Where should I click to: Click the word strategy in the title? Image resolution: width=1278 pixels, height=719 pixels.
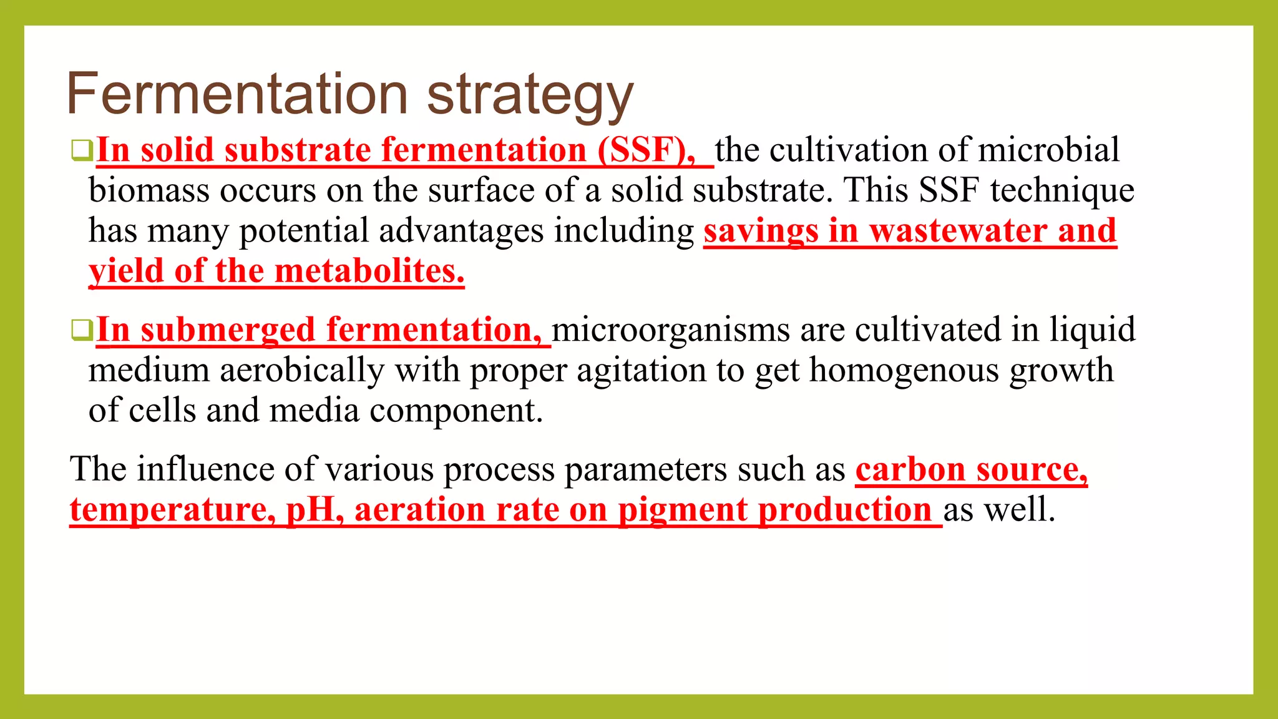pos(530,97)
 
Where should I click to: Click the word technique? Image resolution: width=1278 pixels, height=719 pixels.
pos(1061,190)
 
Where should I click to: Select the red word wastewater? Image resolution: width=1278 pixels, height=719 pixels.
pos(958,231)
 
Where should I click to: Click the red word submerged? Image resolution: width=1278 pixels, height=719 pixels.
pos(228,330)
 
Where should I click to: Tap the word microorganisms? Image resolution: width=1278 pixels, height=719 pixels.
pos(671,330)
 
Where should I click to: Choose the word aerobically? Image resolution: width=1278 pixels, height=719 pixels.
pos(302,370)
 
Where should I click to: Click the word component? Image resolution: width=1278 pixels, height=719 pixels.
pos(456,411)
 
